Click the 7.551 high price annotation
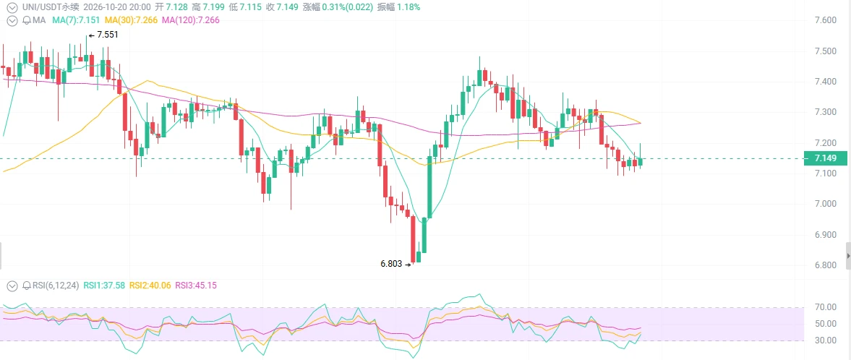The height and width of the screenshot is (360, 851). [107, 35]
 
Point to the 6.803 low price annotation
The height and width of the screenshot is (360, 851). [391, 265]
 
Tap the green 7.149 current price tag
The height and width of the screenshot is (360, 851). [825, 158]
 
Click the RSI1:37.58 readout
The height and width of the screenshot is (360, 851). [104, 285]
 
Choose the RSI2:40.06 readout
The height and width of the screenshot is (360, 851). [150, 285]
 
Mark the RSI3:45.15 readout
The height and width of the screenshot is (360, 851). [195, 285]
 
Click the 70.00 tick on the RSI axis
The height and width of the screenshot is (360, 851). [824, 307]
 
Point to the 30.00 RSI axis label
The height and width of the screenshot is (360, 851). [824, 340]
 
